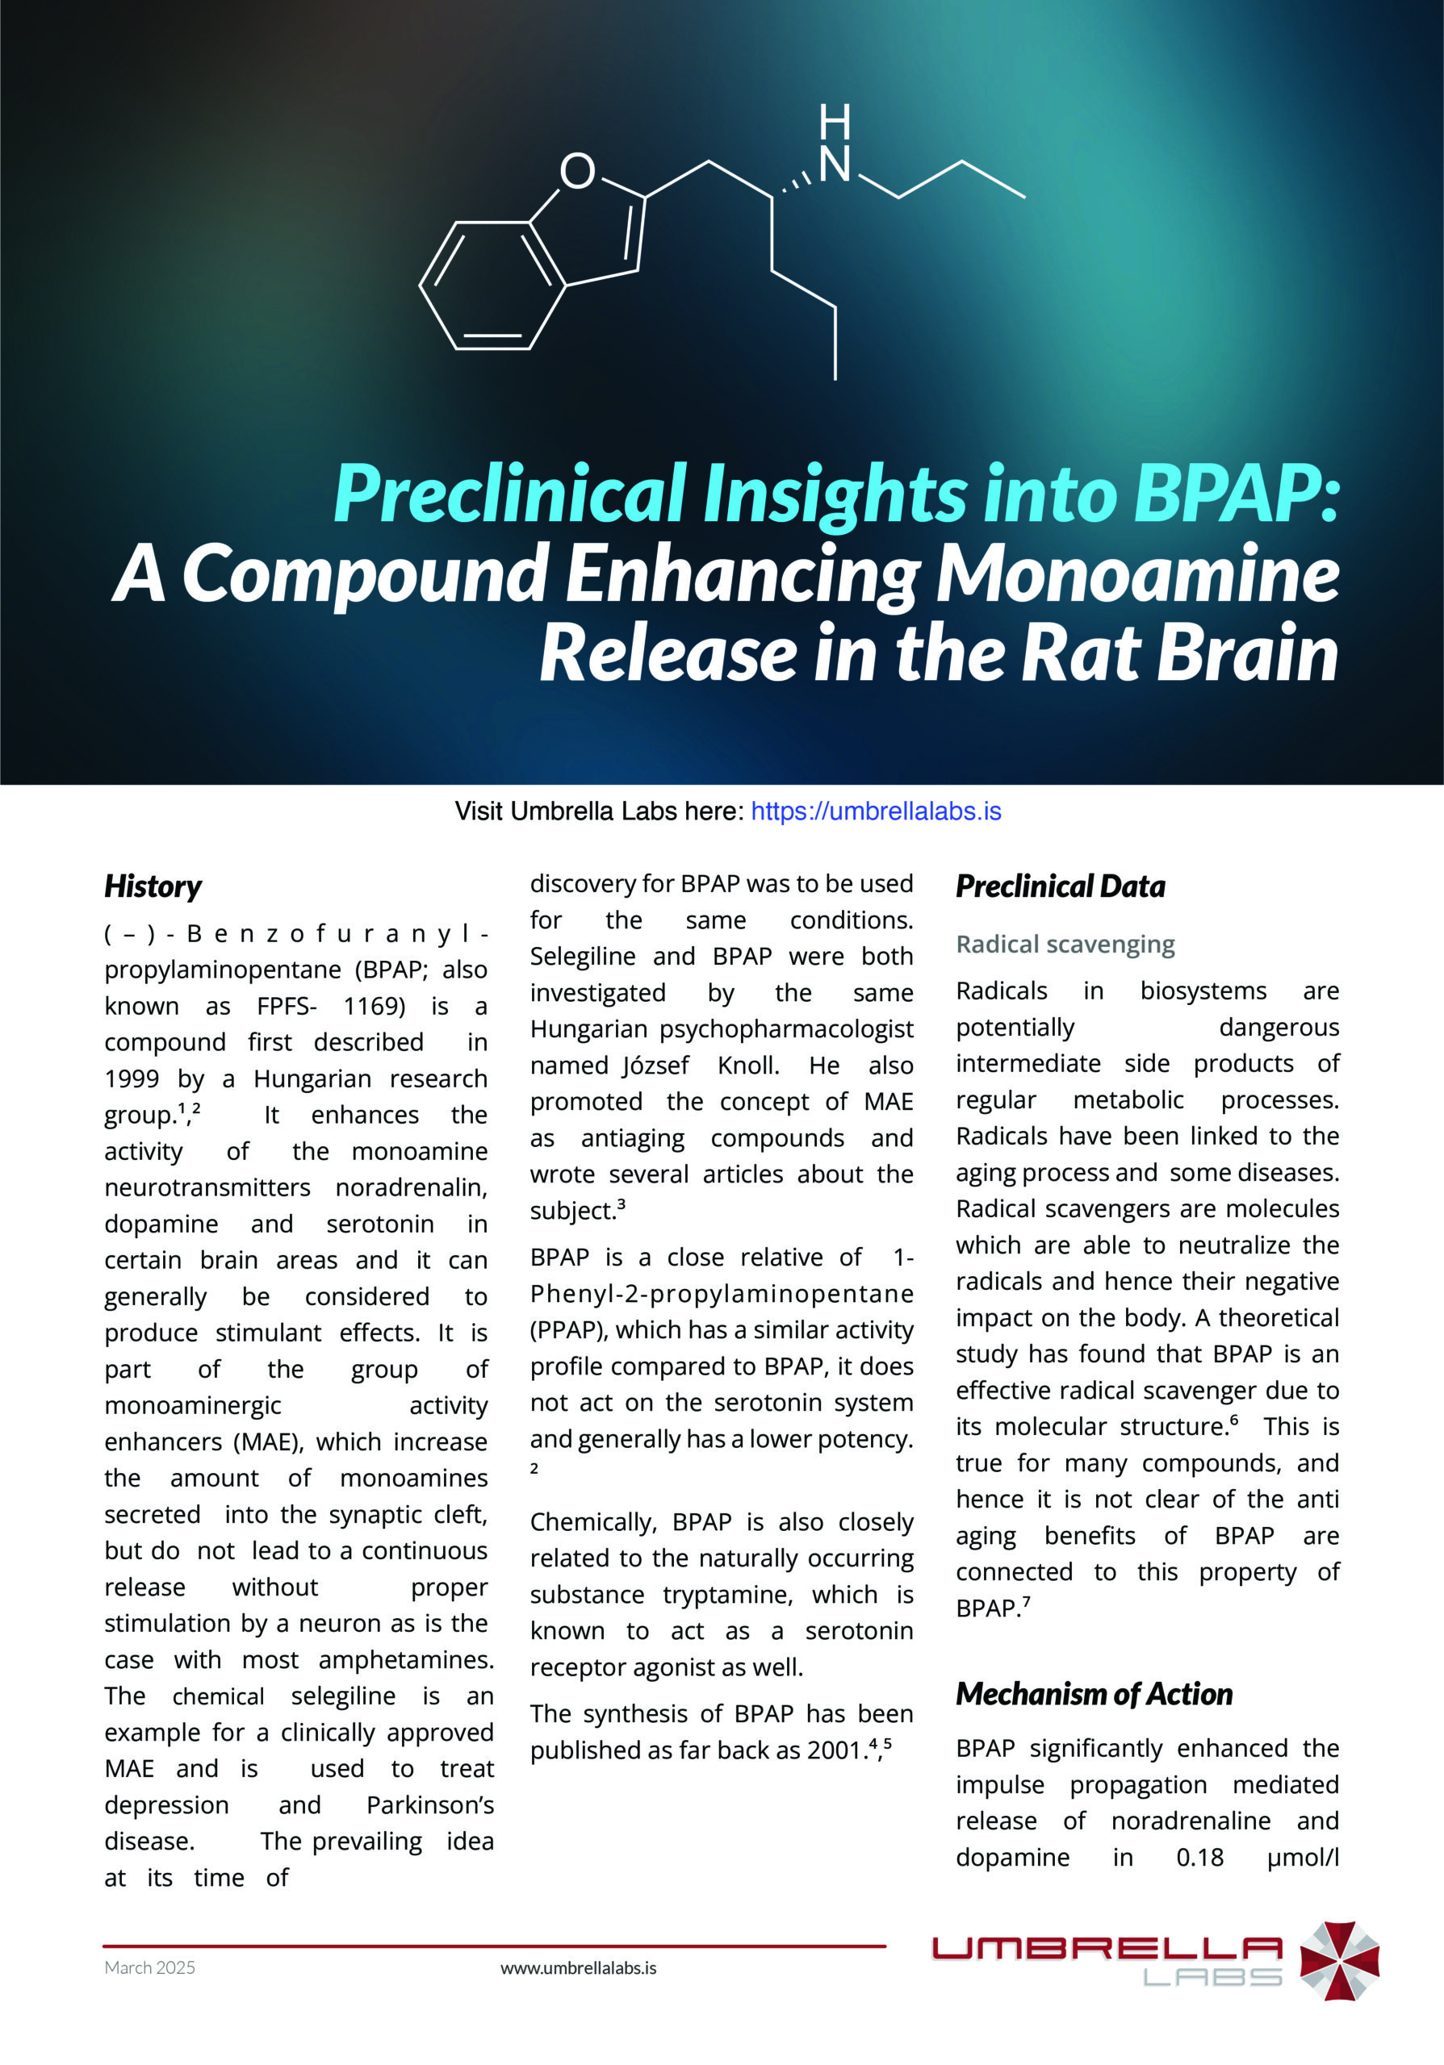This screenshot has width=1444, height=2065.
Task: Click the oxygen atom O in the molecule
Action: (x=578, y=170)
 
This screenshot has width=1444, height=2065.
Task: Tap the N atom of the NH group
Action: (x=835, y=164)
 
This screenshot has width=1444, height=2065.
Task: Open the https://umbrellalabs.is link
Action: (x=876, y=811)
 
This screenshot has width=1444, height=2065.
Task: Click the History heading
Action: (x=153, y=886)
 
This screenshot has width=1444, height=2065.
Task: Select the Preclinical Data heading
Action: (x=1060, y=886)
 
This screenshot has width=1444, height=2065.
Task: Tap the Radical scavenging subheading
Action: (x=1065, y=945)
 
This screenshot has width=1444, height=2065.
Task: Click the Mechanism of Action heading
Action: (x=1094, y=1695)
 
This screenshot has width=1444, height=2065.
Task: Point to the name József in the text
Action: (x=656, y=1066)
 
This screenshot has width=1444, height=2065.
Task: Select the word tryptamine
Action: (x=727, y=1595)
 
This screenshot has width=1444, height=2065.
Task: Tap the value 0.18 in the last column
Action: (x=1199, y=1857)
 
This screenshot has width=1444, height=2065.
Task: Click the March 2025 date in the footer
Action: (x=149, y=1968)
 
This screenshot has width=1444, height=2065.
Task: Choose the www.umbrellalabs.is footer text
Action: (x=579, y=1968)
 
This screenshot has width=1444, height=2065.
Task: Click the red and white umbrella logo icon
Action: (x=1340, y=1961)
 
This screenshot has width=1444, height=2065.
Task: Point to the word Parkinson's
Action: (x=430, y=1805)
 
